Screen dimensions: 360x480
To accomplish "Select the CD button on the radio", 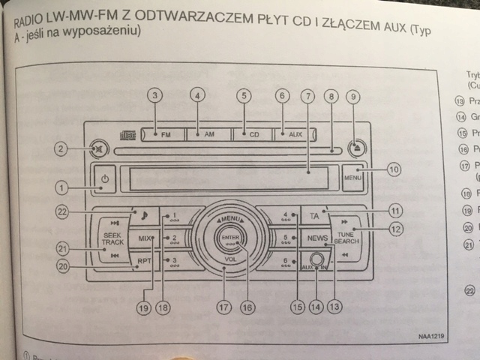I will pos(253,134).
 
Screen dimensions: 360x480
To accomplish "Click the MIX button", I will pos(145,238).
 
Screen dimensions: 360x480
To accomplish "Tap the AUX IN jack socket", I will pos(317,262).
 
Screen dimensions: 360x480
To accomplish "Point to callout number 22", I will pos(62,211).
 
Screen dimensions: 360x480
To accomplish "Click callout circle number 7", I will pos(306,96).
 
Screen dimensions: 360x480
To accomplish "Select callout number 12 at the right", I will pos(396,229).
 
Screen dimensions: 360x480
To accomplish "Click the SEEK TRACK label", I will pos(113,238).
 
